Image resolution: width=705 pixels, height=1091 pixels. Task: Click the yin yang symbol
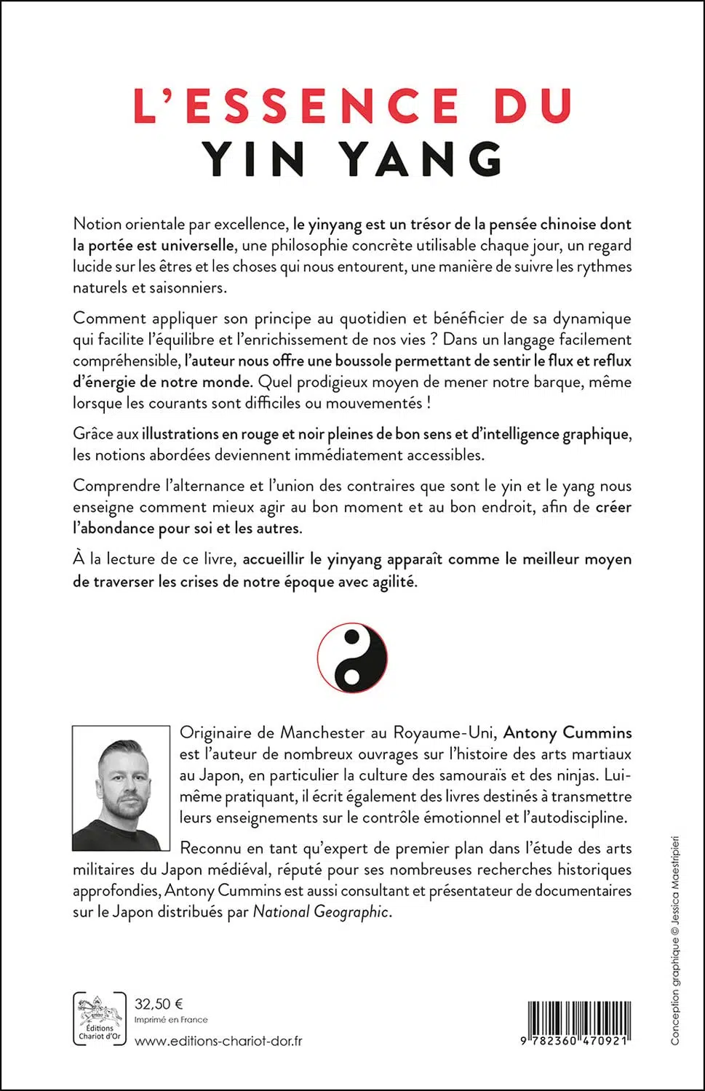point(352,657)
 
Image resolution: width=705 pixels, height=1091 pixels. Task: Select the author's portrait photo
point(121,788)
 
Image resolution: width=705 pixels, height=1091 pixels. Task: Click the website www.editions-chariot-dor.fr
point(218,1041)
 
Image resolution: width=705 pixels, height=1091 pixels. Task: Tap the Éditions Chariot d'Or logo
point(100,1020)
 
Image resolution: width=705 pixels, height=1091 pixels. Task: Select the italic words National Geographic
point(321,911)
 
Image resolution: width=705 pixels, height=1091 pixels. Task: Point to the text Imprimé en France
point(171,1020)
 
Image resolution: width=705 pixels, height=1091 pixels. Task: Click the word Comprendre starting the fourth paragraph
point(116,486)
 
